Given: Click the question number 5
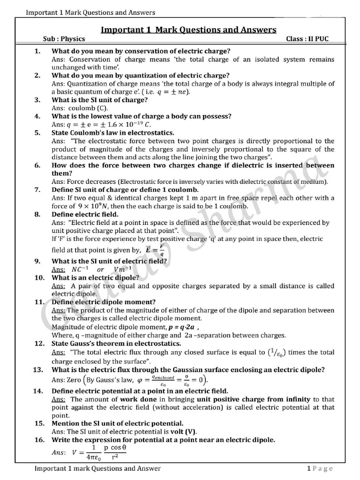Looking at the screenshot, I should pyautogui.click(x=37, y=133).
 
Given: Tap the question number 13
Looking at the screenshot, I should pyautogui.click(x=38, y=370).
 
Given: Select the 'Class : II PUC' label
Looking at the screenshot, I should pyautogui.click(x=307, y=39).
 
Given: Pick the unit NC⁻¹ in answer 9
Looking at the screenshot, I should pyautogui.click(x=80, y=270).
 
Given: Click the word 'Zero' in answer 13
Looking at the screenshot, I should pyautogui.click(x=75, y=380).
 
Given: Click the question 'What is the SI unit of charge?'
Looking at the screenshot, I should pyautogui.click(x=100, y=100).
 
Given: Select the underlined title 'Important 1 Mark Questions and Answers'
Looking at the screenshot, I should pyautogui.click(x=188, y=30).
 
